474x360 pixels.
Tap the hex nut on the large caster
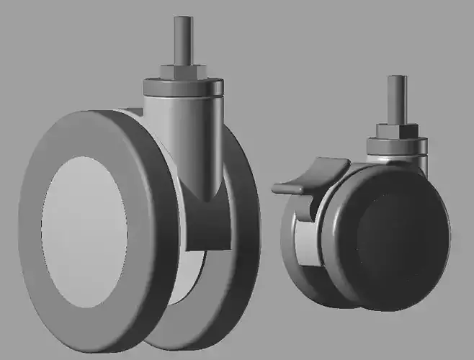pos(182,71)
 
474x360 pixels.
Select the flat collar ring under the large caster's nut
pos(181,86)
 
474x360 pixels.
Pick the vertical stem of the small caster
pos(395,101)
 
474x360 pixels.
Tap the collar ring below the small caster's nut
pos(396,146)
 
